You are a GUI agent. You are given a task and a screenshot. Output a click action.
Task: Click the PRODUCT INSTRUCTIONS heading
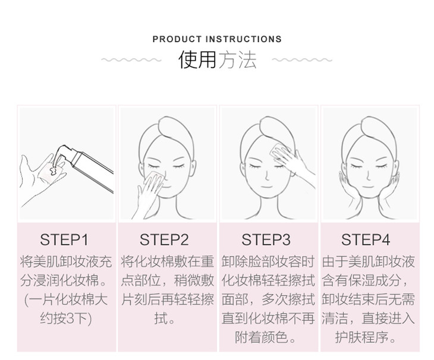(217, 39)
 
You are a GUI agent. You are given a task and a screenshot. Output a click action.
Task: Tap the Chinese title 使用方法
(217, 60)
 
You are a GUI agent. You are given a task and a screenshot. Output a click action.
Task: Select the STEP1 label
(64, 240)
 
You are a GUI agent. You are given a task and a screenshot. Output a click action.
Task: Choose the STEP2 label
(164, 240)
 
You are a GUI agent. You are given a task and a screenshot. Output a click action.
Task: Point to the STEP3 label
(266, 240)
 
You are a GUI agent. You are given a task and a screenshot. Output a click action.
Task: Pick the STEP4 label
(366, 240)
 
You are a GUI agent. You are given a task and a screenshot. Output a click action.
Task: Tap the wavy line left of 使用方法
(131, 60)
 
